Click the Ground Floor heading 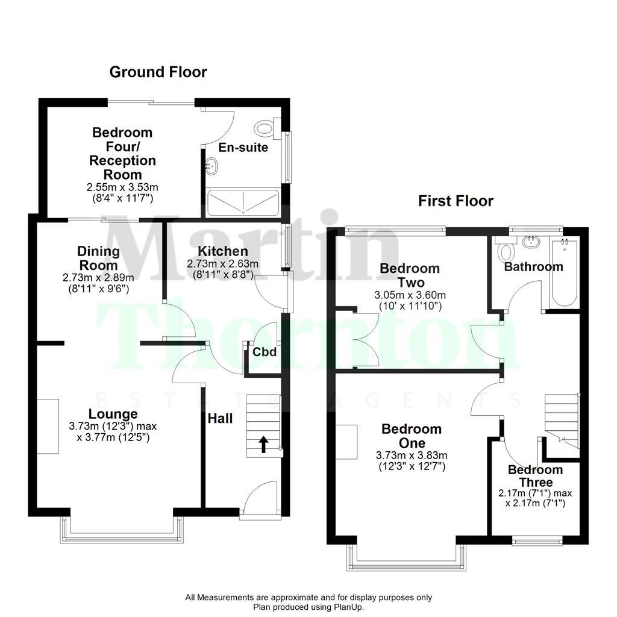[158, 72]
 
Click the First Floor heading [456, 201]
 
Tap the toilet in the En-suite [265, 127]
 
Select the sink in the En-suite [211, 164]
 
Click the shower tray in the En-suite [243, 202]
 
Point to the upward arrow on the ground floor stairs [263, 444]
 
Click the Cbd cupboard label [265, 352]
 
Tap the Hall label [220, 418]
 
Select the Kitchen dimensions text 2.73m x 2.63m [223, 264]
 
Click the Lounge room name [113, 414]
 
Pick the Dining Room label [98, 258]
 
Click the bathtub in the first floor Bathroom [564, 269]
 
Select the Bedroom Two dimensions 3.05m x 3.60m [410, 295]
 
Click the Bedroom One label [412, 436]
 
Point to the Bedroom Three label [535, 475]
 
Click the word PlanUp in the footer [349, 607]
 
